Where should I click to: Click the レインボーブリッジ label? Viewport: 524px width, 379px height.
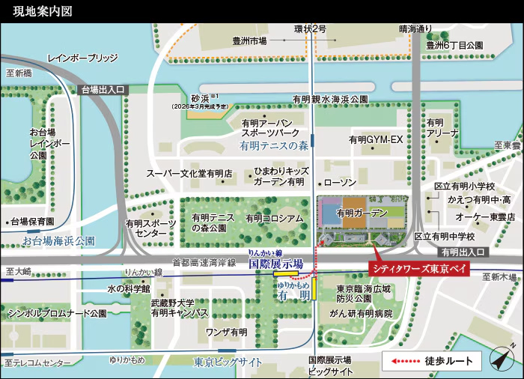tap(82, 58)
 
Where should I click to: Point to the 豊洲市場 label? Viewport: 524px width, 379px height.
tap(249, 41)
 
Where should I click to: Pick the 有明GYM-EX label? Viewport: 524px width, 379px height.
tap(376, 140)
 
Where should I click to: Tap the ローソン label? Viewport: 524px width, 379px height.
tap(340, 183)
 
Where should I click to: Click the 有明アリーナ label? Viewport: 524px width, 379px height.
tap(442, 127)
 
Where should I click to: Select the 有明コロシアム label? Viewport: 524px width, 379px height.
tap(275, 218)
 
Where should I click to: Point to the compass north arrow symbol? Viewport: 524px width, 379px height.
tap(499, 360)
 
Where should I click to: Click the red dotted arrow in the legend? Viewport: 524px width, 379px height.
tap(401, 361)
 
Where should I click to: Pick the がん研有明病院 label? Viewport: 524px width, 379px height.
tap(365, 313)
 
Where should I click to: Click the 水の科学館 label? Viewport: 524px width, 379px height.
tap(129, 288)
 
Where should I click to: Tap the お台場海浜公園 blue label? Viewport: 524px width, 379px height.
tap(58, 241)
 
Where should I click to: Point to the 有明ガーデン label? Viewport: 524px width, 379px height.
tap(362, 213)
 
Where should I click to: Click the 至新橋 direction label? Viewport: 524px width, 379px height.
tap(18, 73)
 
